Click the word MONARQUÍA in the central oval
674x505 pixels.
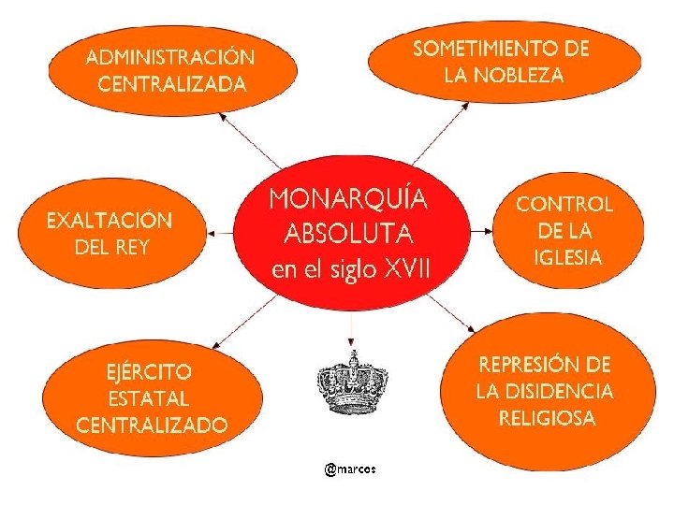(349, 199)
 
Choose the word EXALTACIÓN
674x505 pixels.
(110, 221)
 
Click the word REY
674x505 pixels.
(132, 248)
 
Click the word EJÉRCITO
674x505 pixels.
(149, 370)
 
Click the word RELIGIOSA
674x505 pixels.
(547, 417)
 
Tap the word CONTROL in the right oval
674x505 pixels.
(564, 204)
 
